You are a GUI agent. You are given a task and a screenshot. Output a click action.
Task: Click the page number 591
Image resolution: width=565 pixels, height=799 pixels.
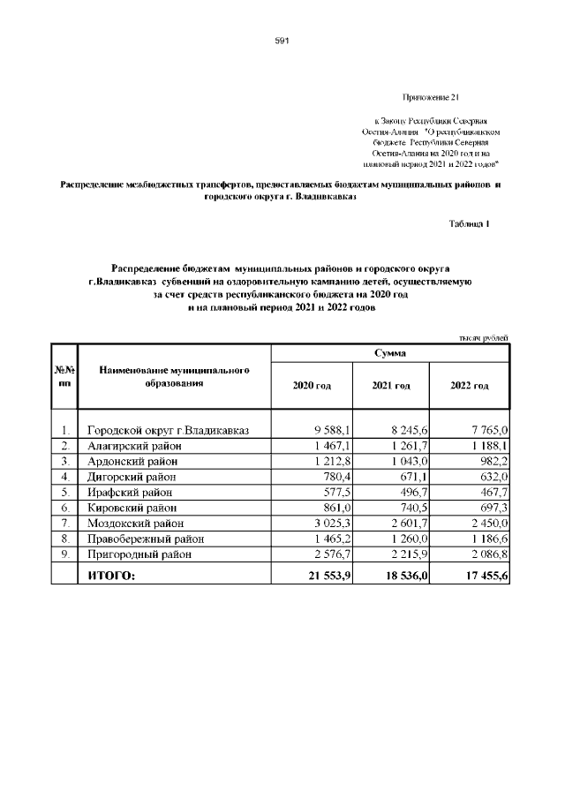point(282,41)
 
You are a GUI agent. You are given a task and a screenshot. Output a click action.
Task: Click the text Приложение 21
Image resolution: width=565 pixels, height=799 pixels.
point(430,96)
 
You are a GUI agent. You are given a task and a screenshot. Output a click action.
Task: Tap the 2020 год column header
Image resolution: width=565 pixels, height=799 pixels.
point(312,387)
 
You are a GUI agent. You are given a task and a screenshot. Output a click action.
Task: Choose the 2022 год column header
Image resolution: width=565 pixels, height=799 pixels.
point(469,387)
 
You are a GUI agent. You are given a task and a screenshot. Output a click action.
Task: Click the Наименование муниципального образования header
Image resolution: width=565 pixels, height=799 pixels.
point(173,377)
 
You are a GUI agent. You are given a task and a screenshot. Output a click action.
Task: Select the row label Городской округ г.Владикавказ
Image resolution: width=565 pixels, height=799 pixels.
point(169,430)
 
